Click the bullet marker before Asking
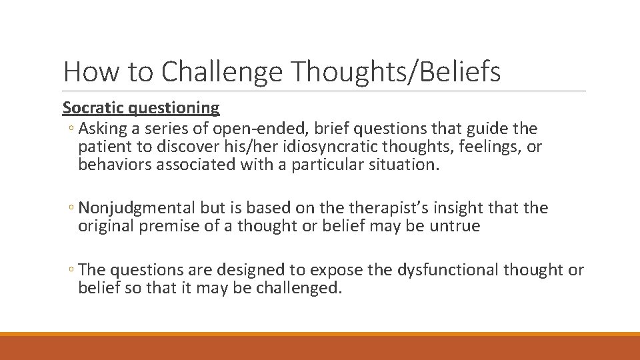[72, 129]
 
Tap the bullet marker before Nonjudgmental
[72, 209]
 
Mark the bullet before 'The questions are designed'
[72, 270]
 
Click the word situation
[403, 165]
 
